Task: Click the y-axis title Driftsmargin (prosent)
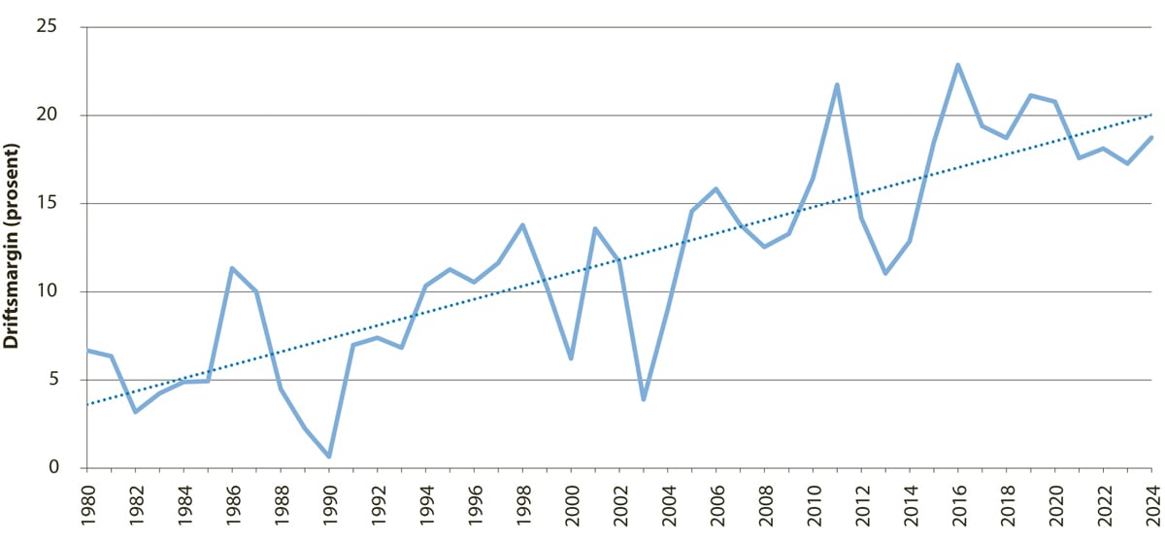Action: coord(14,247)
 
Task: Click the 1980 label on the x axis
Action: coord(87,505)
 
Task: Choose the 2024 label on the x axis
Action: coord(1151,505)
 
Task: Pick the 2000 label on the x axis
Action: coord(571,505)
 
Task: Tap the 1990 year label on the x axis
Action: coord(329,505)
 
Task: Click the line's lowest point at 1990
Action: coord(329,457)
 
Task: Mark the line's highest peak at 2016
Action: coord(958,65)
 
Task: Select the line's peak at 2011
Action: coord(837,85)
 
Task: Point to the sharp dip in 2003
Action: coord(644,399)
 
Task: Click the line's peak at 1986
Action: coord(232,268)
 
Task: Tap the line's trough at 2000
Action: coord(571,358)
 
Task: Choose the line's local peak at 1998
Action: coord(522,225)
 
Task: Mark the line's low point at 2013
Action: coord(885,273)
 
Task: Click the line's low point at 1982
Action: coord(136,412)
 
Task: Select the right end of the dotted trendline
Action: coord(1151,115)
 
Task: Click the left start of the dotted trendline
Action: coord(87,404)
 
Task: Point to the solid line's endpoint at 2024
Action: coord(1151,137)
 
